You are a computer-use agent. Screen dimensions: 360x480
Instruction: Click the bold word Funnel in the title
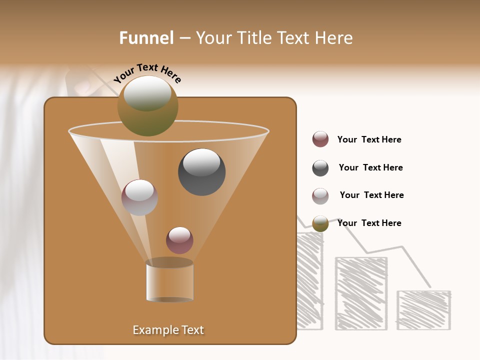[x=146, y=37]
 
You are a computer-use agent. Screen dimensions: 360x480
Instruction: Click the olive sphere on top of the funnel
[x=147, y=105]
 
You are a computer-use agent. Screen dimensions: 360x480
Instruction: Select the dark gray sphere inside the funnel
[x=201, y=171]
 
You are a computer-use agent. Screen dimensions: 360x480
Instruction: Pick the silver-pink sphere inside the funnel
[x=139, y=197]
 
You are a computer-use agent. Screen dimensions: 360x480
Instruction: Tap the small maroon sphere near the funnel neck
[x=179, y=240]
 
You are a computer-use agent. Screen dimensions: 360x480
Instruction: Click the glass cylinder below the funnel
[x=169, y=281]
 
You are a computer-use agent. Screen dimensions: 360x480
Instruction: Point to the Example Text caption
[x=168, y=330]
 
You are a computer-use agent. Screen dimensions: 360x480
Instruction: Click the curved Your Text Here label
[x=147, y=73]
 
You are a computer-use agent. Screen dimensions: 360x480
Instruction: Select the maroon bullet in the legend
[x=320, y=139]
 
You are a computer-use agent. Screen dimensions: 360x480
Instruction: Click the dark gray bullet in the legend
[x=320, y=168]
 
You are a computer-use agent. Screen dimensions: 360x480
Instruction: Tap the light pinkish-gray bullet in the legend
[x=320, y=196]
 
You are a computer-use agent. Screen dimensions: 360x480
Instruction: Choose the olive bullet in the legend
[x=320, y=223]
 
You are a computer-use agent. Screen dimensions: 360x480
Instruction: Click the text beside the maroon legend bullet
[x=369, y=139]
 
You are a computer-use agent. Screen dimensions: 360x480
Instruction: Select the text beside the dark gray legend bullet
[x=370, y=167]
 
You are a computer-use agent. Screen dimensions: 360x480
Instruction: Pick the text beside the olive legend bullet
[x=369, y=223]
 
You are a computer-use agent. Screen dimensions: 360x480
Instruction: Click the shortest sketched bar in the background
[x=423, y=310]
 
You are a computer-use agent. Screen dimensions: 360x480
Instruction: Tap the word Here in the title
[x=334, y=37]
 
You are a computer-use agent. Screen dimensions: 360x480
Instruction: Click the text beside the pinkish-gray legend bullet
[x=371, y=195]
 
